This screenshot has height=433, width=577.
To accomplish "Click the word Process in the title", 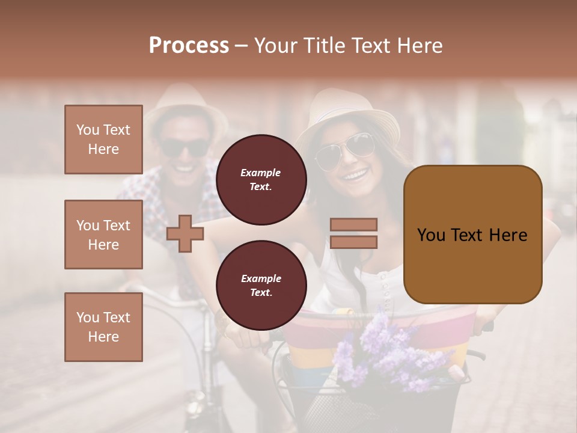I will click(x=189, y=46).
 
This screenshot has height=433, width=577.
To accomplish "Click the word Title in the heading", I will click(x=322, y=46).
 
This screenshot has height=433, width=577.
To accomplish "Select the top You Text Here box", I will click(x=103, y=140).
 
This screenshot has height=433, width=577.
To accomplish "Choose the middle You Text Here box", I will click(x=103, y=235).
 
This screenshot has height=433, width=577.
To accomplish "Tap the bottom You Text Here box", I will click(x=103, y=327).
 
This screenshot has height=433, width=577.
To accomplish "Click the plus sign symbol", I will click(x=185, y=233).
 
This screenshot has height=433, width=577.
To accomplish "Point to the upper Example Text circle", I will click(x=261, y=180).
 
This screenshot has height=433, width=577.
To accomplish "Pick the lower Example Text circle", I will click(x=261, y=286).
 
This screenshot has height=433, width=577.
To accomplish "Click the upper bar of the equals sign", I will click(x=353, y=224).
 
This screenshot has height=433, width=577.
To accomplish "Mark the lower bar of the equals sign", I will click(x=353, y=242).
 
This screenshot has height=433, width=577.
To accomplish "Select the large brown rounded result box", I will click(x=472, y=235).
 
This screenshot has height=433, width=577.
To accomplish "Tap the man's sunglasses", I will click(x=185, y=148).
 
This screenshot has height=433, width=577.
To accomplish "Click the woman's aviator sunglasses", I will click(x=343, y=150).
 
